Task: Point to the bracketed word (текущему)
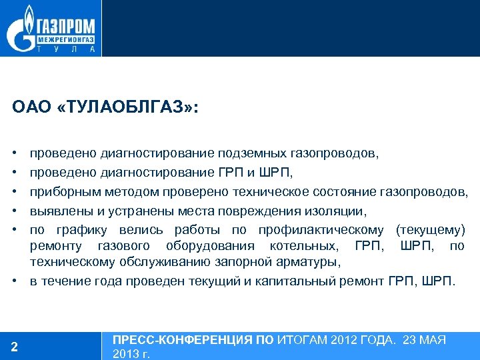pos(430,231)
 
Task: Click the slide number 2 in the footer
pos(15,346)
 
